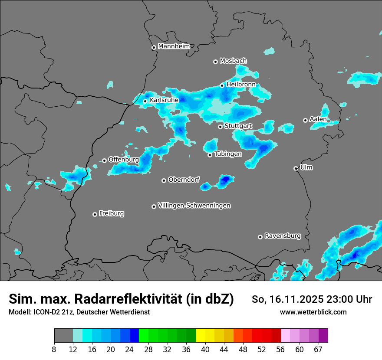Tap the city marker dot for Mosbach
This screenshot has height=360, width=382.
point(215,62)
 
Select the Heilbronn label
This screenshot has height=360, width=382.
point(241,84)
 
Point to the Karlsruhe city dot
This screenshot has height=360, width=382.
point(145,101)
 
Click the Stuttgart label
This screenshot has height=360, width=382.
point(238,126)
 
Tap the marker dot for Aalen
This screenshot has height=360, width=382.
point(305,120)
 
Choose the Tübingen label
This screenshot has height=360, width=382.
point(228,154)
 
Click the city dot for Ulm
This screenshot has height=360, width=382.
point(296,168)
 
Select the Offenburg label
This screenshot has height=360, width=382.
point(123,159)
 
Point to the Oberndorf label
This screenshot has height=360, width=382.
point(184,180)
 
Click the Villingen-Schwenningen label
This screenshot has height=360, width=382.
point(194,206)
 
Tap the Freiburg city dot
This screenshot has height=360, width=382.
point(95,214)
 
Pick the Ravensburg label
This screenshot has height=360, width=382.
point(283,236)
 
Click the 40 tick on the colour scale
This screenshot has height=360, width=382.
point(205,349)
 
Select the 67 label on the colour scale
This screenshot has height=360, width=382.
point(318,349)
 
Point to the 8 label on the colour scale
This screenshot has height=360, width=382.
point(54,349)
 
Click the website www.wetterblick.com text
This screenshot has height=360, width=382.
point(313,312)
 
